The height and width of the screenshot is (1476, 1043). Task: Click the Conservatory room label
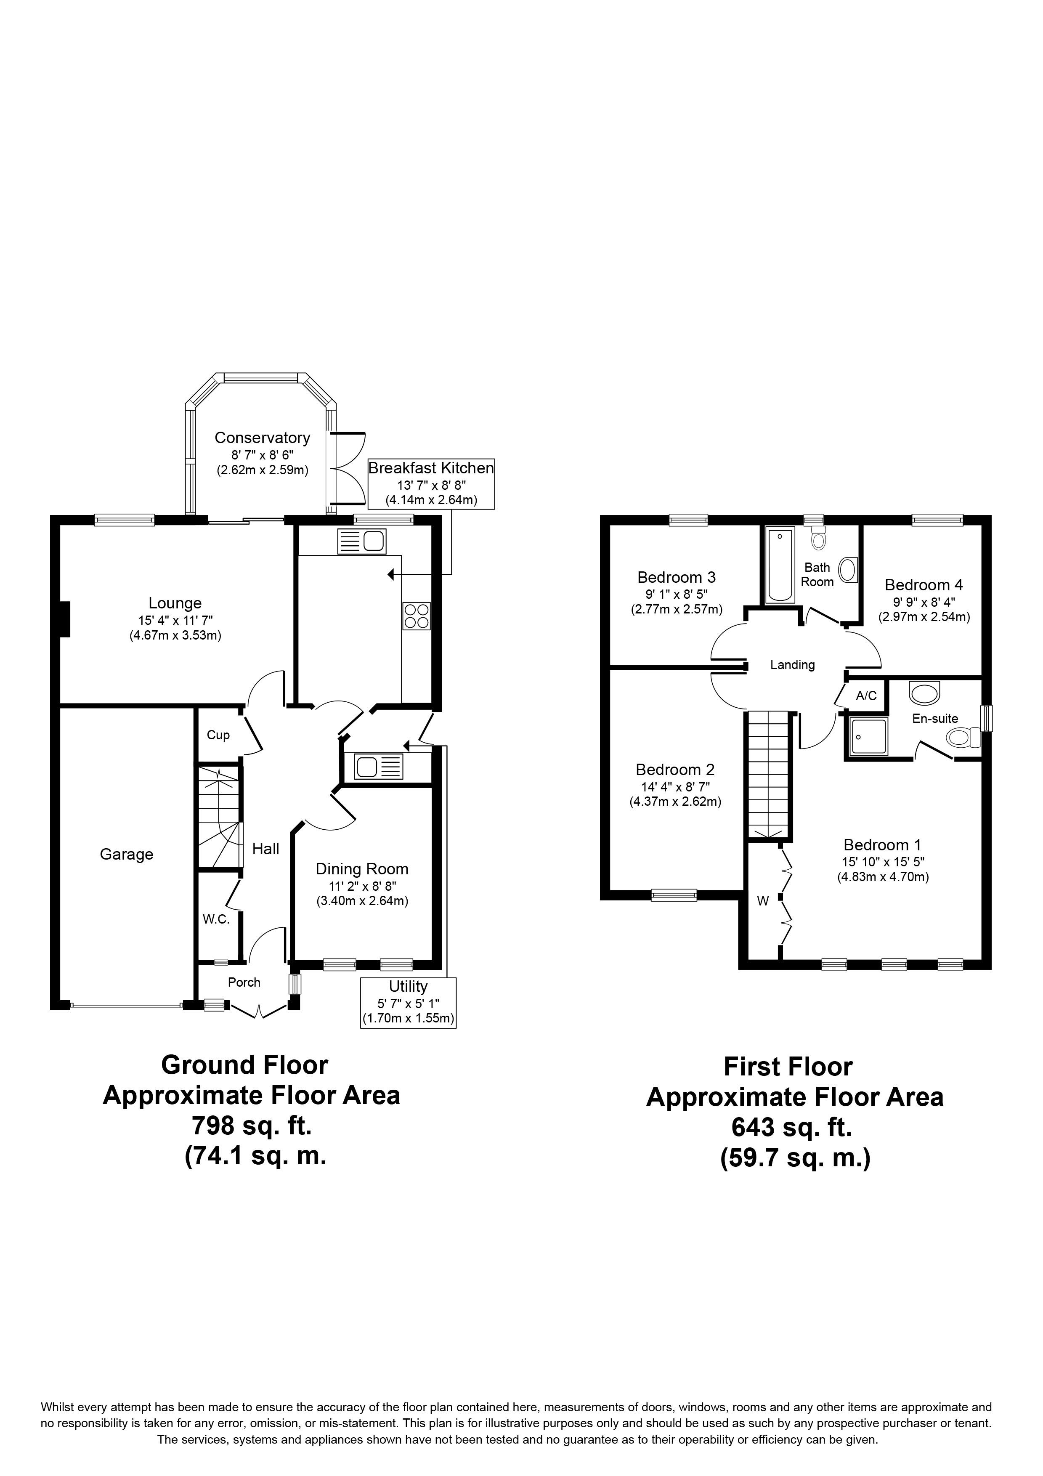262,438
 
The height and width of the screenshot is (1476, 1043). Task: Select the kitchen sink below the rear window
361,541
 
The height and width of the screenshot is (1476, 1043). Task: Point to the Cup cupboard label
218,735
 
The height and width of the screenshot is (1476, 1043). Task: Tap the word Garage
127,855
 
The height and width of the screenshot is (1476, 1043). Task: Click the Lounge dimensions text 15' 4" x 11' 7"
175,620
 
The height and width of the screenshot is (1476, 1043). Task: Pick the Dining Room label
362,869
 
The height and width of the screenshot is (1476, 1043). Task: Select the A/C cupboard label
866,696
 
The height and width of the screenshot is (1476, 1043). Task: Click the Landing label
792,665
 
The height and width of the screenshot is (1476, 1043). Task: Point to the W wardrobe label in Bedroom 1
763,901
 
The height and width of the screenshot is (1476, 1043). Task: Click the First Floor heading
788,1067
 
